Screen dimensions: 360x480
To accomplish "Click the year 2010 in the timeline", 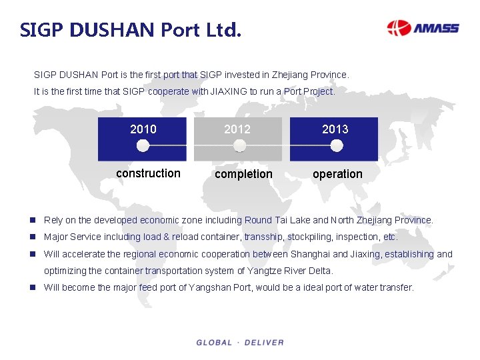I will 143,129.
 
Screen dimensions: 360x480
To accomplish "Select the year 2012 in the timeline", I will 237,129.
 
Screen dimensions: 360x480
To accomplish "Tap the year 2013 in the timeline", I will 335,129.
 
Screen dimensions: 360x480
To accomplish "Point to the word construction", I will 148,173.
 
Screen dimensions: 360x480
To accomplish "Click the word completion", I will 243,174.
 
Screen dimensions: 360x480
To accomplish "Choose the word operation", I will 337,174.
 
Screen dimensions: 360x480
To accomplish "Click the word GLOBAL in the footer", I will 214,343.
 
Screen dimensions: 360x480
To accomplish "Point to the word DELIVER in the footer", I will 264,343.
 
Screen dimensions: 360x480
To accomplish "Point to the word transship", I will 264,237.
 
